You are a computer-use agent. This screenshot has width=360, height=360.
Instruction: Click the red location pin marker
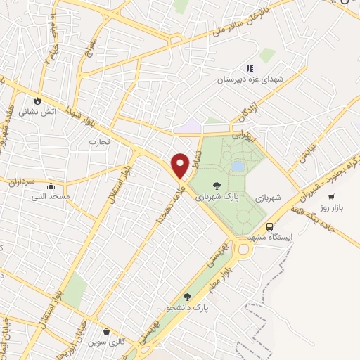coord(180,165)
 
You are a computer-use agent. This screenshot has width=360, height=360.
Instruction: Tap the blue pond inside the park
coord(238,167)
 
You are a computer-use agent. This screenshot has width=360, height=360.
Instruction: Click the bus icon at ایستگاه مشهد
coord(270,226)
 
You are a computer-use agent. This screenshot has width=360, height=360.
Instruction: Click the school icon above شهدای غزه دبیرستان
coord(249,68)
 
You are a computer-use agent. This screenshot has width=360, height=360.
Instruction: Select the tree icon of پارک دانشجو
coord(187,297)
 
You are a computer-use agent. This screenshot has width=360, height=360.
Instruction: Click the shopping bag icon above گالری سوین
coord(105,331)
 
